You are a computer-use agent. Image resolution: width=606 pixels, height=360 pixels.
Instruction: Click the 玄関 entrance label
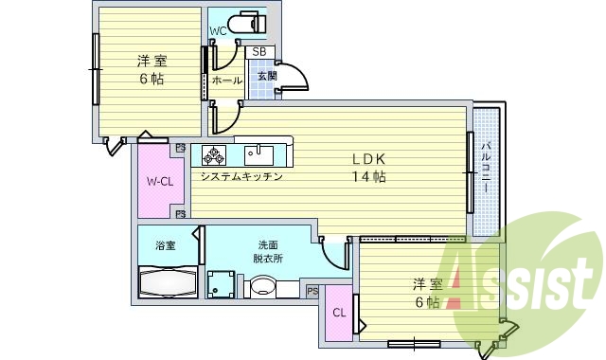266,77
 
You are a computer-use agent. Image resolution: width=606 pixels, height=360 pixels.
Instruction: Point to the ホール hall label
226,81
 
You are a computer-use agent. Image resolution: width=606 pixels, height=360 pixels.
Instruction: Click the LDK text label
369,158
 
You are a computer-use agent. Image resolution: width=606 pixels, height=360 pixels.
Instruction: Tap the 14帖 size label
369,176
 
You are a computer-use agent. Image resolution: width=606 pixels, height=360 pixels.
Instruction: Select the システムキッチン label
241,176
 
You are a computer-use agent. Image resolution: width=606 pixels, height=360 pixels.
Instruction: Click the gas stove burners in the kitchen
214,154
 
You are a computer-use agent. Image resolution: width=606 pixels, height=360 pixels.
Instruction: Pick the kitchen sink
258,154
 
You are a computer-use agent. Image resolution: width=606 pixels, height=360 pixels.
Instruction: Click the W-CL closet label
158,182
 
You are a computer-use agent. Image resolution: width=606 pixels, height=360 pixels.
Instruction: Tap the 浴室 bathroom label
166,246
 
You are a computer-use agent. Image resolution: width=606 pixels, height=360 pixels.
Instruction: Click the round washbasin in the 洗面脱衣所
262,287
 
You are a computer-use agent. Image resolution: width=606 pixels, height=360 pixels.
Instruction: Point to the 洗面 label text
269,245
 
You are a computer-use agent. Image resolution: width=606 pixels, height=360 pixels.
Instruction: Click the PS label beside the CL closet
312,291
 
